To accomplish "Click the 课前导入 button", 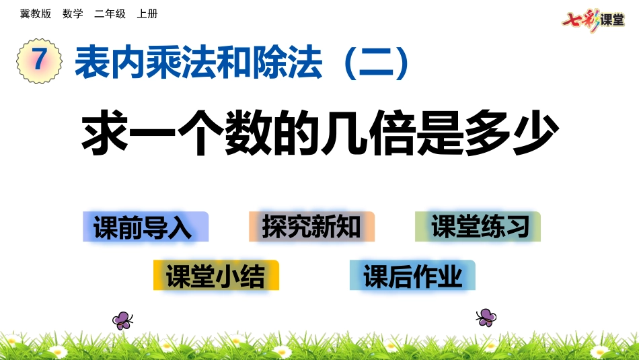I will pyautogui.click(x=145, y=227).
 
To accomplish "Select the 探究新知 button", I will pyautogui.click(x=311, y=227).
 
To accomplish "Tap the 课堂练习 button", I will pyautogui.click(x=478, y=227).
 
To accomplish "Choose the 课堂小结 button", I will pyautogui.click(x=216, y=276).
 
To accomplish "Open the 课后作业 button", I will pyautogui.click(x=412, y=276).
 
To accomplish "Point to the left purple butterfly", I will pyautogui.click(x=122, y=320).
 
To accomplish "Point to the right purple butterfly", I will pyautogui.click(x=486, y=317).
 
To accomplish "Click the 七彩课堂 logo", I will pyautogui.click(x=593, y=20).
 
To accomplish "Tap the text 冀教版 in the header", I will pyautogui.click(x=36, y=13).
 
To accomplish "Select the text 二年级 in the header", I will pyautogui.click(x=110, y=13).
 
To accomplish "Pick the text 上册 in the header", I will pyautogui.click(x=147, y=13).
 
